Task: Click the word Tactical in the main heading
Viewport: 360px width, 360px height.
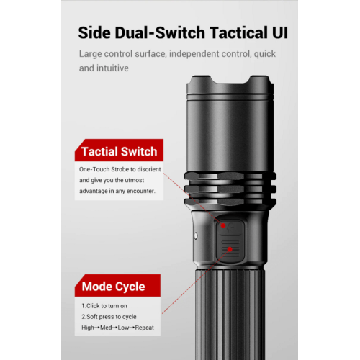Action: click(238, 32)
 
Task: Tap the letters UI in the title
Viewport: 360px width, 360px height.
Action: click(280, 32)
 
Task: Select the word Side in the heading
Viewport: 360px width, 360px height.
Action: click(94, 32)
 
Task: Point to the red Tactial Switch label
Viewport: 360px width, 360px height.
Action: click(119, 150)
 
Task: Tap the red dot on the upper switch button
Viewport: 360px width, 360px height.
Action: click(223, 225)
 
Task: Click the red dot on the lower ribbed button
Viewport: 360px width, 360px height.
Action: click(230, 249)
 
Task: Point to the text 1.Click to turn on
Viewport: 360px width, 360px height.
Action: click(104, 306)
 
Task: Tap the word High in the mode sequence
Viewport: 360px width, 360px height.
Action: click(88, 328)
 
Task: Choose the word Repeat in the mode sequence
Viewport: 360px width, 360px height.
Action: click(145, 328)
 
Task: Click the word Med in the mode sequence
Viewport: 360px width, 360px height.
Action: click(106, 328)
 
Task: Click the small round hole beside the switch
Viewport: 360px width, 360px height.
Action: click(196, 236)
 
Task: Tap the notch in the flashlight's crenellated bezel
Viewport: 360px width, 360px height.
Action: click(230, 79)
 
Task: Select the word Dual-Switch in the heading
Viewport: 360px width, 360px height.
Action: click(160, 32)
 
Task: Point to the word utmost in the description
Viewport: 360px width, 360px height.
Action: click(134, 180)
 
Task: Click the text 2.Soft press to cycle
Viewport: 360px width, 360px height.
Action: click(109, 317)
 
